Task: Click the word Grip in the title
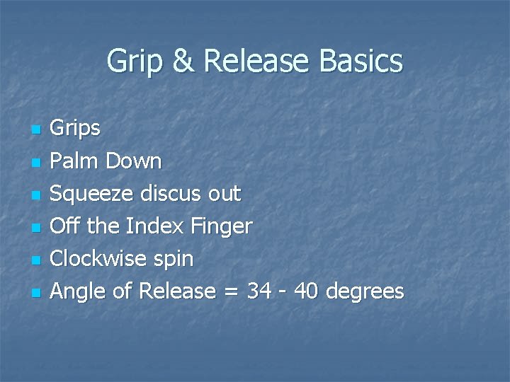(x=135, y=62)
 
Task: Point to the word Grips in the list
(x=76, y=129)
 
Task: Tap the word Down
(x=134, y=161)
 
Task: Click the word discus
(x=173, y=194)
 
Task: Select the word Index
(x=150, y=226)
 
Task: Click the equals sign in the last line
(x=231, y=292)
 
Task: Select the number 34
(x=260, y=291)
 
